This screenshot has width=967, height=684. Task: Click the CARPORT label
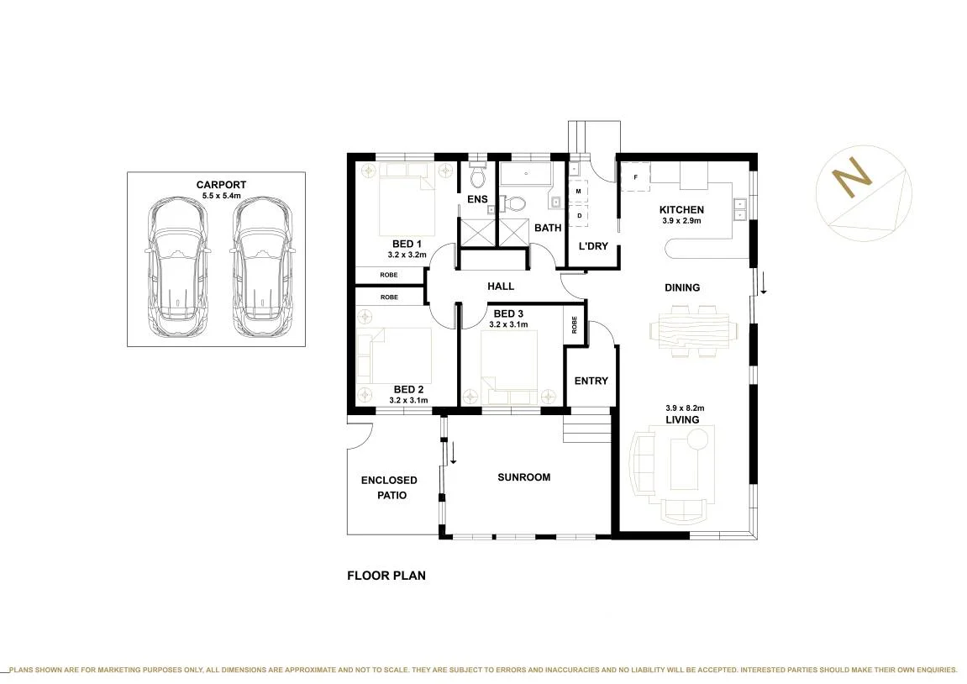click(x=221, y=184)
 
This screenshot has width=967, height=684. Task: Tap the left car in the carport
click(x=177, y=267)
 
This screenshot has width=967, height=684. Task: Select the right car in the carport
click(x=261, y=267)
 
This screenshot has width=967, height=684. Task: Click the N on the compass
click(x=852, y=178)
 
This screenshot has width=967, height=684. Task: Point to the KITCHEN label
click(x=681, y=210)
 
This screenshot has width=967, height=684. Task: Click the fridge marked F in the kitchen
click(x=635, y=177)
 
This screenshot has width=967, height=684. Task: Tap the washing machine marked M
click(x=579, y=192)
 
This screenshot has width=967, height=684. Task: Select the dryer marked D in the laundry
click(x=579, y=216)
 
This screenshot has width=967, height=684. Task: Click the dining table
click(x=693, y=331)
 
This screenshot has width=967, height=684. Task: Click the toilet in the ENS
click(x=477, y=175)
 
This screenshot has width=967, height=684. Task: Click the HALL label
click(x=501, y=287)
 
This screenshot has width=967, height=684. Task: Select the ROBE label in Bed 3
click(x=574, y=325)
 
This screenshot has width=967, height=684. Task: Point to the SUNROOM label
click(x=523, y=476)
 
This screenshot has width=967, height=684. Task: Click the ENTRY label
click(x=591, y=381)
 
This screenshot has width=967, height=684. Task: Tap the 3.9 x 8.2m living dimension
click(x=685, y=408)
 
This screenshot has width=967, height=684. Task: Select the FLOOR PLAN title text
click(x=386, y=576)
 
